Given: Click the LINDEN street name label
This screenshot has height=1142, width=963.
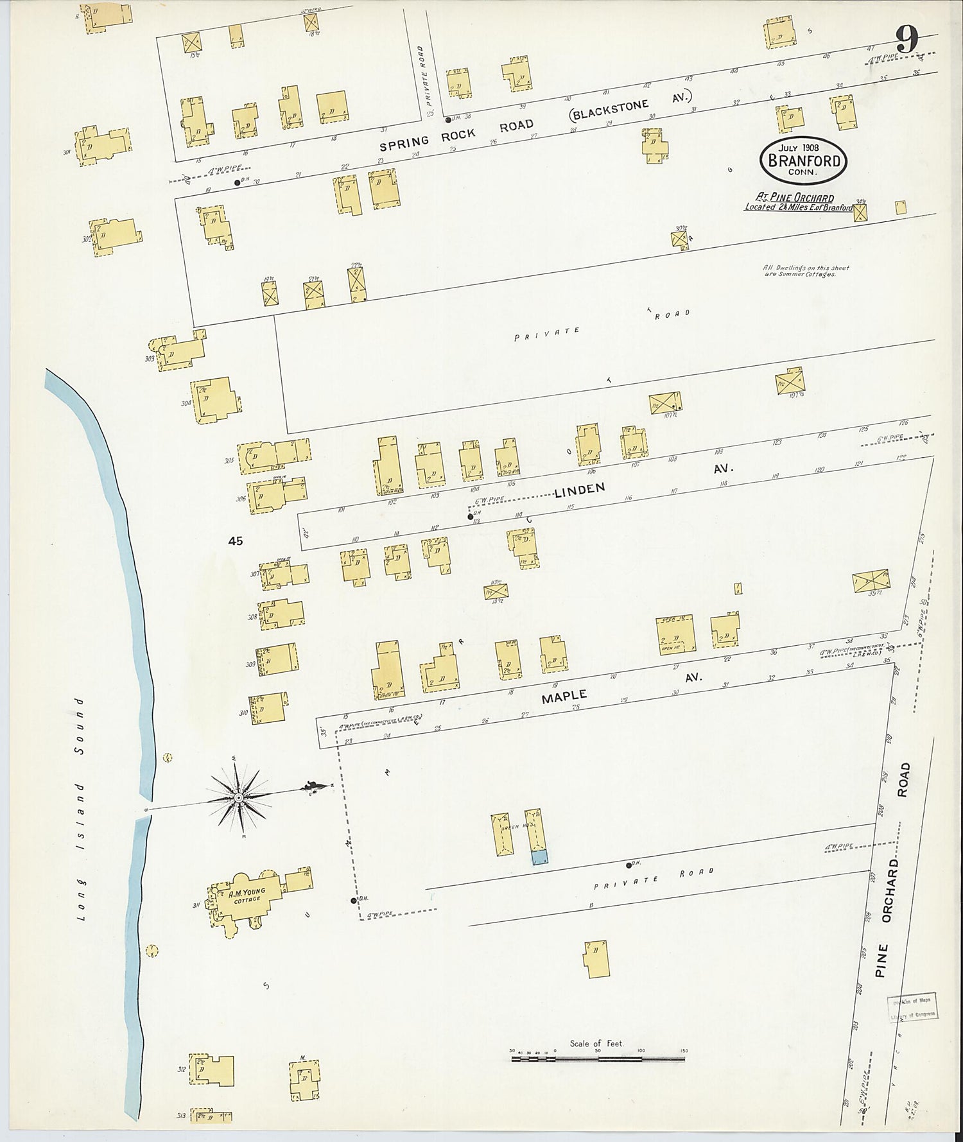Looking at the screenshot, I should (x=580, y=490).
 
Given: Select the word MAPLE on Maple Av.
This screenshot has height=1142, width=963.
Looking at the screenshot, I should (x=564, y=696).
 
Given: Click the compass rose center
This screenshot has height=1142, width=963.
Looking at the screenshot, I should (x=238, y=797).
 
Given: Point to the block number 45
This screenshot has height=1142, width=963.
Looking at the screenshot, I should (x=236, y=541).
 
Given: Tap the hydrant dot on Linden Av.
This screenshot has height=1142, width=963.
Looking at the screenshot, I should (x=469, y=516).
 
